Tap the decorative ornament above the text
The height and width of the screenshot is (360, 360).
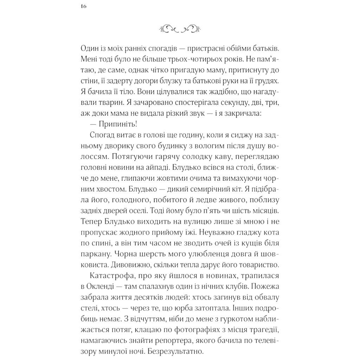180,28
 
